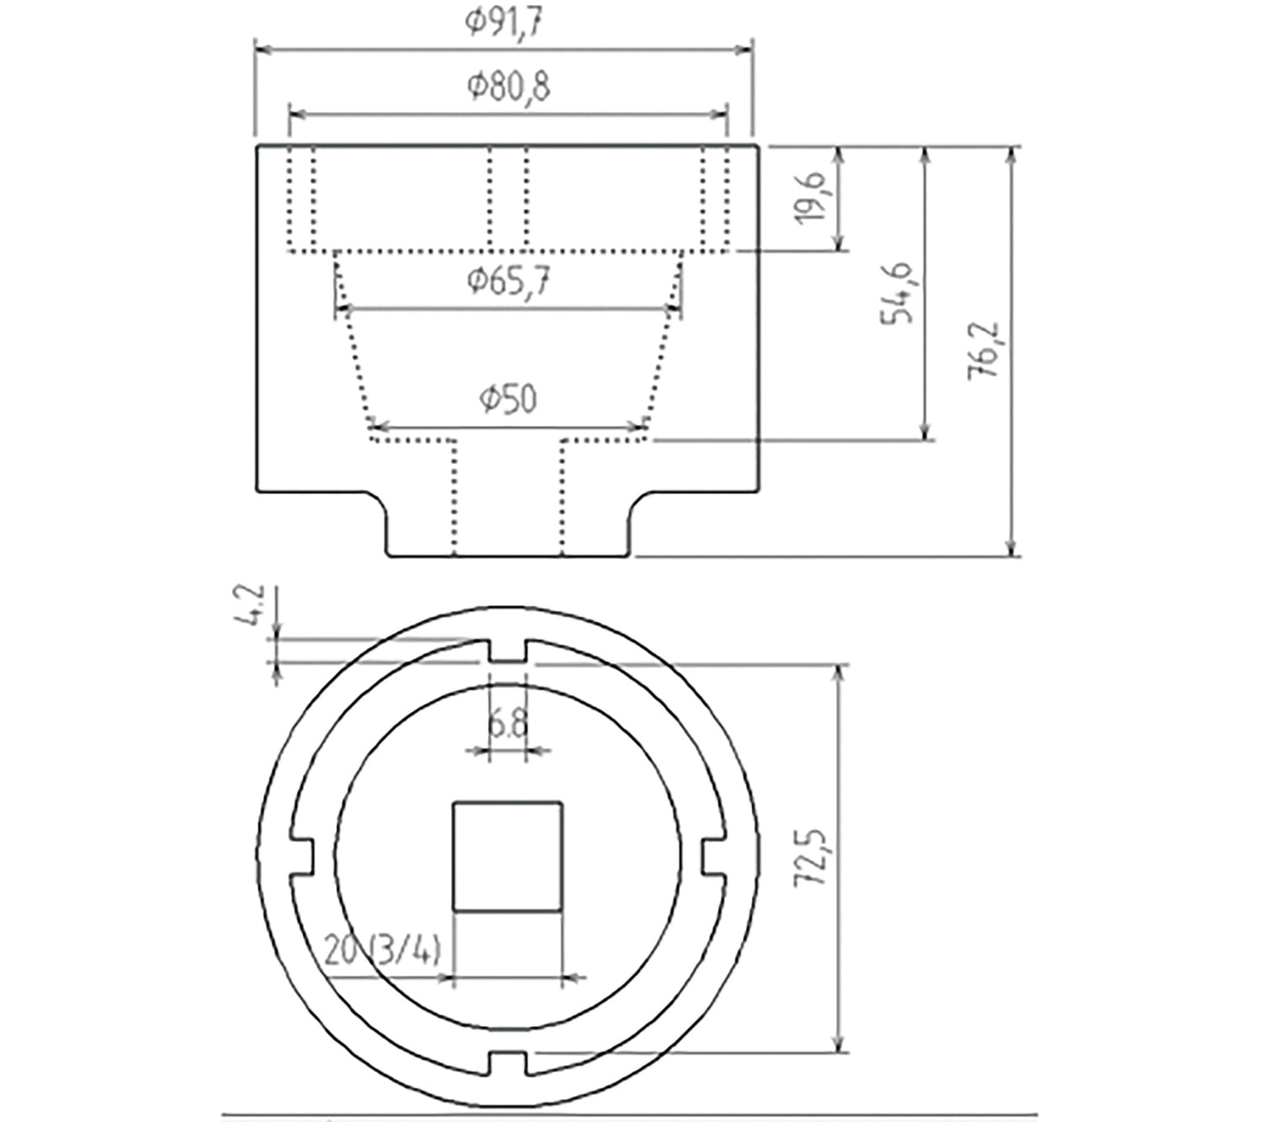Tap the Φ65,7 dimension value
tap(509, 281)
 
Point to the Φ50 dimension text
tap(508, 398)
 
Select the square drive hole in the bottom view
tap(507, 856)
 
